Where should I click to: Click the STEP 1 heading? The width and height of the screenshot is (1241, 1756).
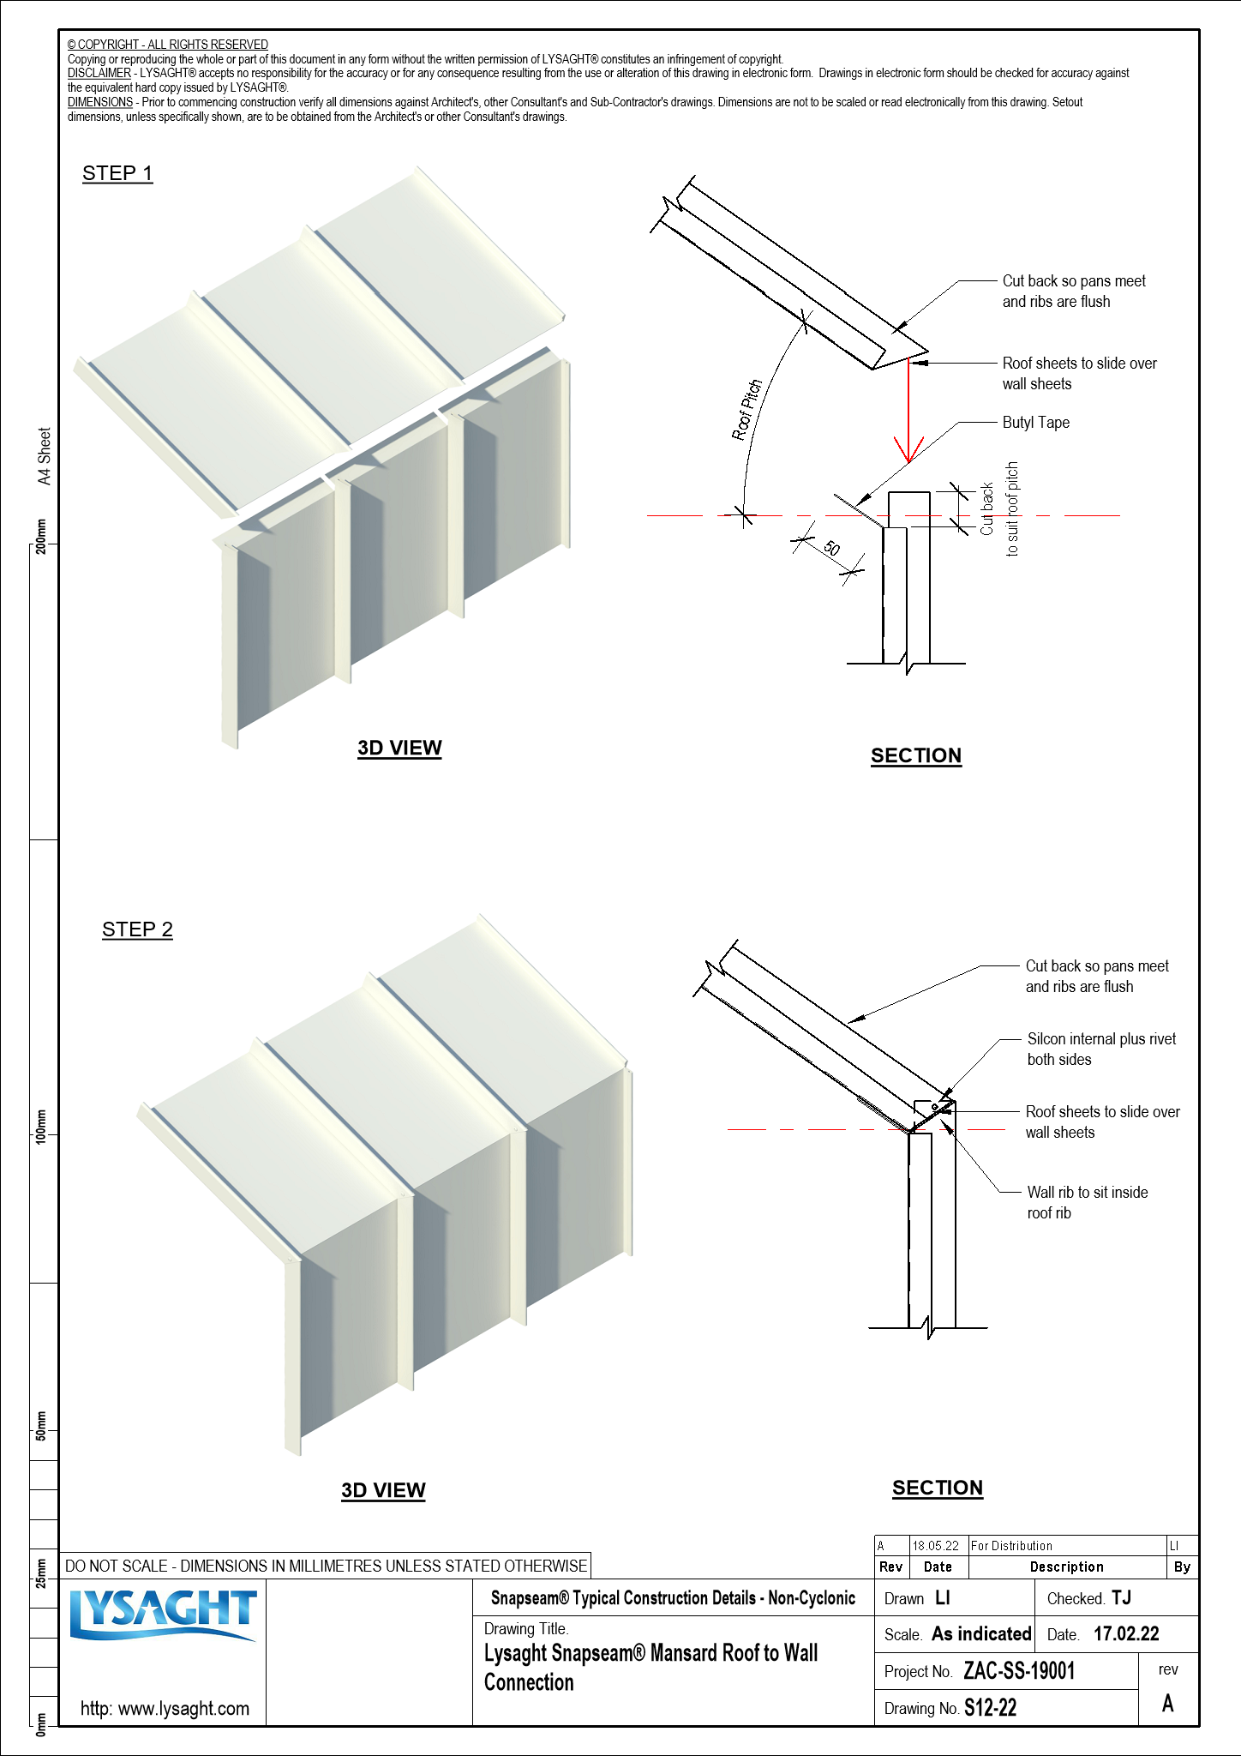(x=117, y=173)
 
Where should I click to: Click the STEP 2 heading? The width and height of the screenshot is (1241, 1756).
(x=137, y=929)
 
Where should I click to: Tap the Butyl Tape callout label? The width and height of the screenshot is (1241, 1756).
(x=1035, y=423)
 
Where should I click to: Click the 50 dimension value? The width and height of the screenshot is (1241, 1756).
(x=831, y=548)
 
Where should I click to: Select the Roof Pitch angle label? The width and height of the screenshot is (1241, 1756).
(x=746, y=410)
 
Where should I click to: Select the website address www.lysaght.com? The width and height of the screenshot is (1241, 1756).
(x=165, y=1708)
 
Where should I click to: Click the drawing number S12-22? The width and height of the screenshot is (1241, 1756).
(x=990, y=1708)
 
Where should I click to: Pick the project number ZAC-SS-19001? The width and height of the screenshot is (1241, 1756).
(x=1019, y=1671)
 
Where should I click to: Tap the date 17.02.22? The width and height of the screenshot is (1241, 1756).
(x=1126, y=1634)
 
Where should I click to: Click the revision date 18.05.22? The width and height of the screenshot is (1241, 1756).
(x=935, y=1546)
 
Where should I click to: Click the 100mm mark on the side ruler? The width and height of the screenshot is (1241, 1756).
(x=41, y=1127)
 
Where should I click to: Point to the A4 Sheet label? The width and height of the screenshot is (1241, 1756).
(x=45, y=456)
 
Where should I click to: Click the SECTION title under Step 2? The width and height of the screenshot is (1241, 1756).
(x=938, y=1488)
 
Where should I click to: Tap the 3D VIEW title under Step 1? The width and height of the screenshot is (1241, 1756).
(x=399, y=748)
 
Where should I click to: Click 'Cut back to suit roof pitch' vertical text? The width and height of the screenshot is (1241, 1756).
(x=999, y=509)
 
